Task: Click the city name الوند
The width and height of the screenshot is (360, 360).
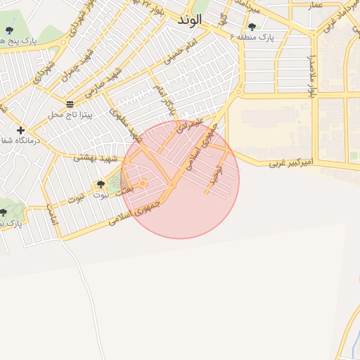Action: coord(189,20)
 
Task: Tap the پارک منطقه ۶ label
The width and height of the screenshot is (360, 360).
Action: coord(254,36)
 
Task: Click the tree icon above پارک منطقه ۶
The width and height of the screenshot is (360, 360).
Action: coord(252,27)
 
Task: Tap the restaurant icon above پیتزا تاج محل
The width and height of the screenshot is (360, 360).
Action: coord(69,104)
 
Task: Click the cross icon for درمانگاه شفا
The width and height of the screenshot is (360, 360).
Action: coord(21,130)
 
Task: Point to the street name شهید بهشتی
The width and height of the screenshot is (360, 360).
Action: coord(94,158)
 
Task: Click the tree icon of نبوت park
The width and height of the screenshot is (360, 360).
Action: coord(101,185)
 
